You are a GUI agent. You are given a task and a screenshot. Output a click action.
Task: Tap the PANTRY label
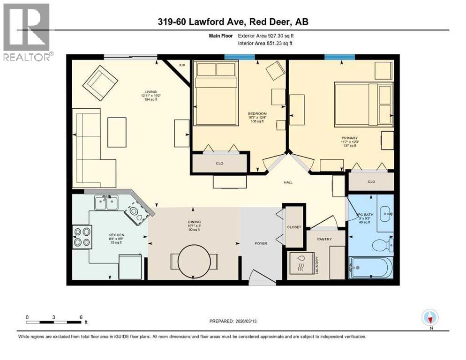point(324,239)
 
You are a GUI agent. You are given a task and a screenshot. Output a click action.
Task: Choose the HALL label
point(288,182)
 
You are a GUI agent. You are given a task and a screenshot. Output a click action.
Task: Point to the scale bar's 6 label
point(81,317)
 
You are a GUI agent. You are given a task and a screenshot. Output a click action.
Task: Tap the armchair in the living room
point(100,83)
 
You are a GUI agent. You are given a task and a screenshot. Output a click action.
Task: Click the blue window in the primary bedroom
point(339,57)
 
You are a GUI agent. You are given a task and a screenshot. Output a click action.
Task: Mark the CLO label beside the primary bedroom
point(371,181)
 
